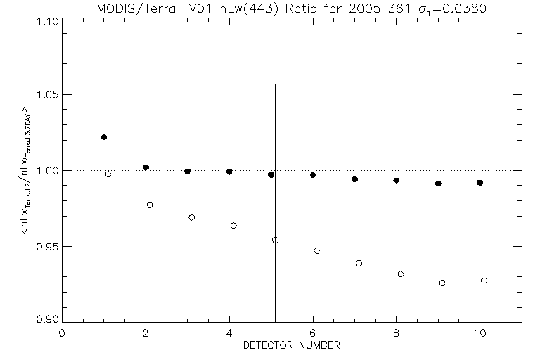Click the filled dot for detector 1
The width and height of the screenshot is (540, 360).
104,137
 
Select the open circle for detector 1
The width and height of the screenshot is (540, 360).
108,174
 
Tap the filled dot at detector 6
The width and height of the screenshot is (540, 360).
313,175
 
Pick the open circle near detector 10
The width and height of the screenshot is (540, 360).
484,281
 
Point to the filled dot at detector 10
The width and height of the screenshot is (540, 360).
480,183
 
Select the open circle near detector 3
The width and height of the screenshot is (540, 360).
192,217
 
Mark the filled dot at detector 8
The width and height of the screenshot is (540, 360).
397,181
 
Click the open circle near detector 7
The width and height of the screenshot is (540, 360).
359,263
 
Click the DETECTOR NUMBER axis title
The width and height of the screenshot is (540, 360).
292,345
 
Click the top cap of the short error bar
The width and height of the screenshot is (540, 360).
275,84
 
